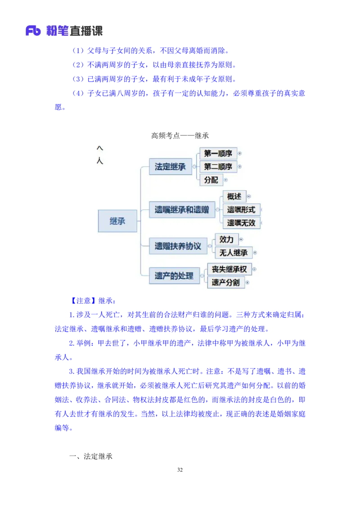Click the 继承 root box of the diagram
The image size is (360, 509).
point(117,221)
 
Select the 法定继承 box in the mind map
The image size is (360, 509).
point(170,166)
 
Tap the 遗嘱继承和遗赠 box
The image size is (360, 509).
point(182,210)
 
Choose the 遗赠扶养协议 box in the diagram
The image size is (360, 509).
point(178,246)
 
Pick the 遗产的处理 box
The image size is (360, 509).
point(174,276)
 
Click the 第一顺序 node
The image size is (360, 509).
point(218,153)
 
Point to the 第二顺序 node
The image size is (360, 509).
point(218,166)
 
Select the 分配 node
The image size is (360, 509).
point(211,180)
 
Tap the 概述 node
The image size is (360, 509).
point(234,196)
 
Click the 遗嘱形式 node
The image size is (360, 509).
point(241,210)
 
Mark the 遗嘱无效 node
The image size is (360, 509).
point(241,223)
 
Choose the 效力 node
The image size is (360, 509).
point(227,240)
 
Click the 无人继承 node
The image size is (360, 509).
point(234,253)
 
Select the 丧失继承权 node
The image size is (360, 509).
point(229,269)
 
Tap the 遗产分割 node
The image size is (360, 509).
point(226,282)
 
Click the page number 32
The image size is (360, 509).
point(180,470)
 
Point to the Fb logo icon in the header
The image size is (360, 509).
point(33,31)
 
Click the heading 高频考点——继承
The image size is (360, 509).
point(180,136)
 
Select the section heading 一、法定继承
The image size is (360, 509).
point(90,456)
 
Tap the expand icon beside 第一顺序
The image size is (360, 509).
point(240,153)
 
